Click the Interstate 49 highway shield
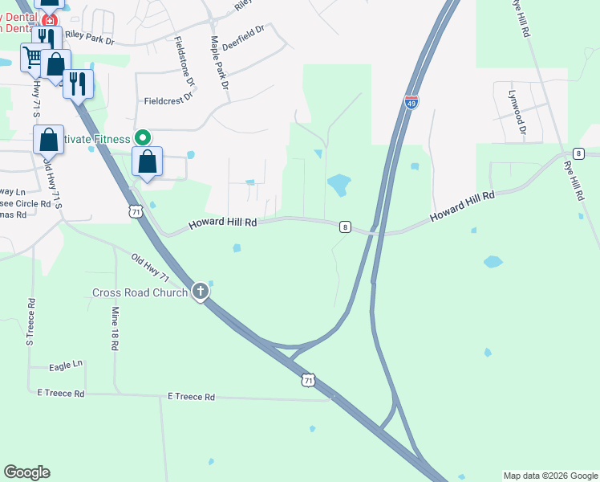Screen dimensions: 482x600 pos(411,103)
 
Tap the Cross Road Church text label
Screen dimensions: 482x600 pos(140,292)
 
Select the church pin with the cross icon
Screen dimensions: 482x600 pos(201,291)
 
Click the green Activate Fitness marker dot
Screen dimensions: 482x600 pos(143,138)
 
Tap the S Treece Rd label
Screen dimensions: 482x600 pos(30,322)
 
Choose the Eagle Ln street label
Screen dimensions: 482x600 pos(66,364)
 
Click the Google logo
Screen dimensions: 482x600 pos(26,472)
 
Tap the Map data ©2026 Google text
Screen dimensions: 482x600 pos(550,476)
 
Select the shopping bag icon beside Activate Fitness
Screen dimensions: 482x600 pos(148,161)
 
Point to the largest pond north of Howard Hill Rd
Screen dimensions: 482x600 pos(339,185)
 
